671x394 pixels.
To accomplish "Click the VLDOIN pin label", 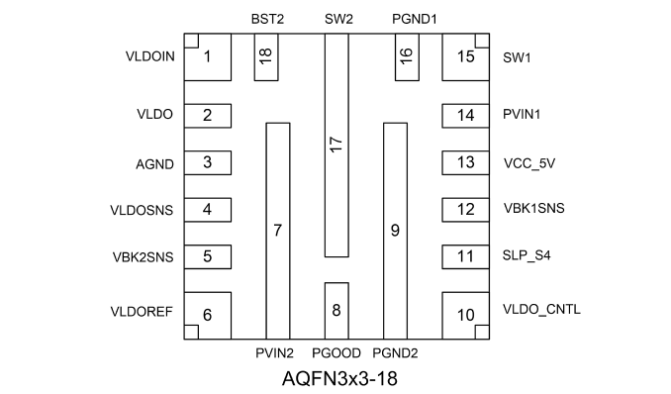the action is pos(149,56).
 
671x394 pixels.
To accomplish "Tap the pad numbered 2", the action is pos(208,116).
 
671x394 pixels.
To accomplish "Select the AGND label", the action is pos(155,164).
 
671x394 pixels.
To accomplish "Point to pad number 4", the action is pos(208,210).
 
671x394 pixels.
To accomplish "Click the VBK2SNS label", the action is pos(143,257).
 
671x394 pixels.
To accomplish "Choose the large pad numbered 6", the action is pos(208,316).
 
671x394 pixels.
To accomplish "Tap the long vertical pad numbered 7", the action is pos(278,231).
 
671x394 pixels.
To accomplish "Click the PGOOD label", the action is pos(336,352).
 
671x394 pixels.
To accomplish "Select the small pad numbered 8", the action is pos(336,311).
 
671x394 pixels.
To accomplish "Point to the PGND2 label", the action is pos(395,352).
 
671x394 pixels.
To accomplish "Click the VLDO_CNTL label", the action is pos(541,309).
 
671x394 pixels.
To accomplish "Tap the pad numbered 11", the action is pos(465,257).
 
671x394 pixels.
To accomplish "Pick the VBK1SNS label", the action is pos(534,208).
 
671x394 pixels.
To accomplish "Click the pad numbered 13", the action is pos(465,162).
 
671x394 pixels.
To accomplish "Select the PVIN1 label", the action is pos(522,115).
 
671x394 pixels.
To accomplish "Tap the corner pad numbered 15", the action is pos(465,57).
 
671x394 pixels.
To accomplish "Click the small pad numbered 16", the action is pos(407,57).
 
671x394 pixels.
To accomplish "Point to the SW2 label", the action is pos(338,19).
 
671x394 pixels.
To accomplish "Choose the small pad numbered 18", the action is pos(266,57).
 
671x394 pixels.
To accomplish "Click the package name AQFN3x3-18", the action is pos(339,378).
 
